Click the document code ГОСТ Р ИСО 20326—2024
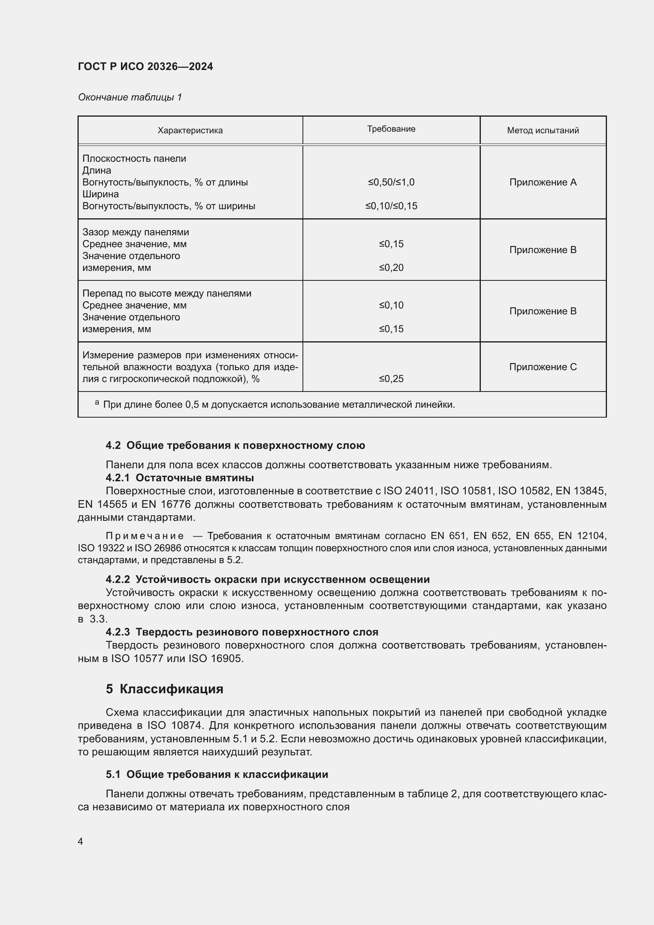[x=146, y=66]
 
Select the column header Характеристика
[x=190, y=131]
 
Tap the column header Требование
[x=391, y=129]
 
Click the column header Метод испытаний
[x=543, y=131]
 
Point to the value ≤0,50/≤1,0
[x=391, y=182]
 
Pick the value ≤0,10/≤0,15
[x=391, y=206]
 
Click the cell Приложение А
[x=543, y=182]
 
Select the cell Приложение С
[x=543, y=367]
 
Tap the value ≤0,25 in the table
[x=391, y=379]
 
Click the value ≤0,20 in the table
[x=391, y=268]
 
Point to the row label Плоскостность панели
[x=134, y=159]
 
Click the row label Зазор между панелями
[x=136, y=233]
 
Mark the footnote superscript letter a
[x=97, y=403]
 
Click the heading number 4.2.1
[x=117, y=478]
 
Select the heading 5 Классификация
[x=164, y=689]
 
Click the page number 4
[x=81, y=841]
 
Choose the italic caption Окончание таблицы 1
[x=130, y=98]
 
